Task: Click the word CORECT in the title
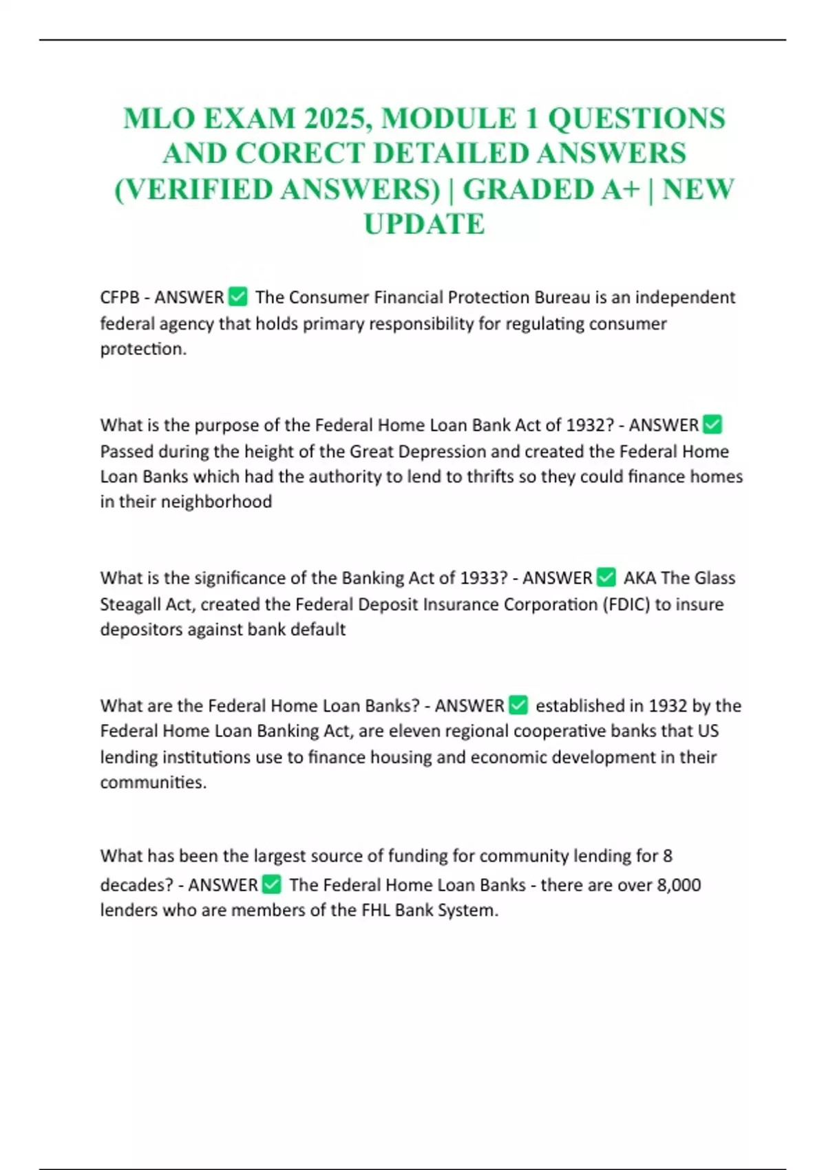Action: (x=299, y=153)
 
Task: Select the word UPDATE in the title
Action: (x=424, y=224)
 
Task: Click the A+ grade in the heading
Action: (x=620, y=189)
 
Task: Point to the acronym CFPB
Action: (x=120, y=297)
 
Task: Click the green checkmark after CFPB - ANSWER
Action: (x=237, y=297)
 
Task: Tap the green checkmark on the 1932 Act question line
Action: (x=713, y=425)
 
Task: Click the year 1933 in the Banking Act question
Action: (x=483, y=577)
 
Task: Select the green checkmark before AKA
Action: (x=606, y=577)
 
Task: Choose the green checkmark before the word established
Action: (x=518, y=705)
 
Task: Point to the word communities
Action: (x=153, y=783)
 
